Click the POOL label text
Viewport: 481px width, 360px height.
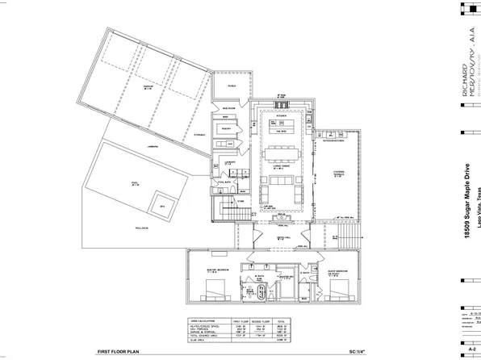tap(135, 184)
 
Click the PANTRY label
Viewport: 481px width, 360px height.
tap(226, 128)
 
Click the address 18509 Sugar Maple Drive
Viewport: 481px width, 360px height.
tap(466, 182)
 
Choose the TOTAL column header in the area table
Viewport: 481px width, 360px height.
tap(283, 320)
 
